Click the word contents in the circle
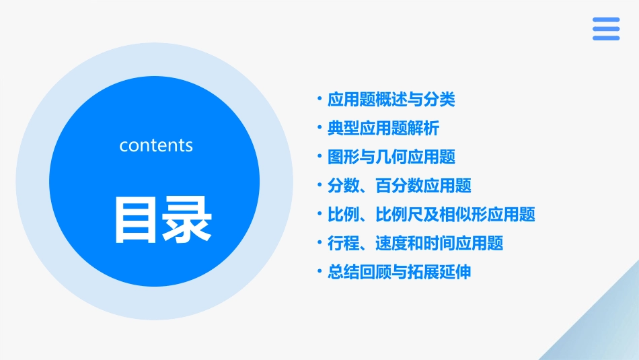click(x=156, y=145)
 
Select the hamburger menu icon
click(x=606, y=29)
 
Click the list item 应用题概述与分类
click(x=391, y=100)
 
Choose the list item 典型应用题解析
click(x=383, y=129)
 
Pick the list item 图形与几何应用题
click(x=391, y=157)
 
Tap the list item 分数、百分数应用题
click(x=399, y=186)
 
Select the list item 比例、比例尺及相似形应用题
click(x=431, y=215)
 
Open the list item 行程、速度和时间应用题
click(x=415, y=244)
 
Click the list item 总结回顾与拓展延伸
click(x=399, y=273)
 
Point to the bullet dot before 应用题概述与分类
click(x=319, y=99)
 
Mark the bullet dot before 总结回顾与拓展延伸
click(x=319, y=271)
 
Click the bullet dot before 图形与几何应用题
click(x=319, y=156)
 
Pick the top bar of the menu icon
click(x=606, y=20)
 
